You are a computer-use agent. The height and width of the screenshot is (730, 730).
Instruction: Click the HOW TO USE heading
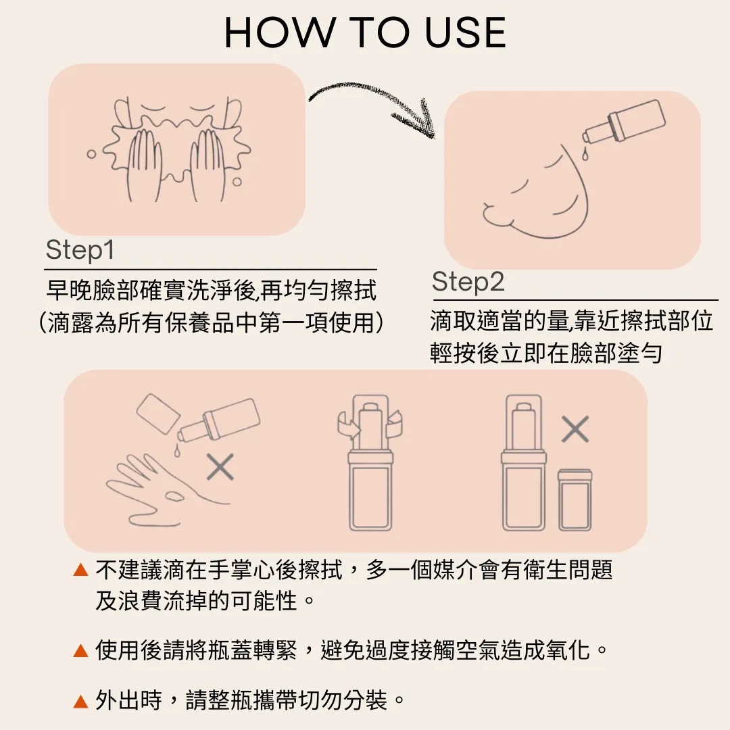click(x=365, y=32)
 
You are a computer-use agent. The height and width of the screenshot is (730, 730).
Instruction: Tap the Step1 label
click(x=80, y=250)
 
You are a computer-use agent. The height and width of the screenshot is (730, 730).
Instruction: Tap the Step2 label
click(x=468, y=282)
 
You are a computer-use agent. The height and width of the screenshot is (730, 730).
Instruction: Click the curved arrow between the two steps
click(x=372, y=100)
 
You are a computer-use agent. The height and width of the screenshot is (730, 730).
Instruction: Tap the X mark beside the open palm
click(x=220, y=466)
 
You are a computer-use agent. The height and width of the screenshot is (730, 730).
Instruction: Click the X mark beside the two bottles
click(x=575, y=429)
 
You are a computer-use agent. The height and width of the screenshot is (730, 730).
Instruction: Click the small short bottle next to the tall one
click(x=575, y=500)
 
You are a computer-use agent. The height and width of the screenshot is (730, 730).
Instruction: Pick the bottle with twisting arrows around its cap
click(x=370, y=463)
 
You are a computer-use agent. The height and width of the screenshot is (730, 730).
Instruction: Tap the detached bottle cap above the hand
click(x=158, y=414)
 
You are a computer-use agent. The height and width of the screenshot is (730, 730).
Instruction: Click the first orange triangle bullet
click(x=81, y=569)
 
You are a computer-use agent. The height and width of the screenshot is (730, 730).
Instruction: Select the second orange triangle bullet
click(x=81, y=650)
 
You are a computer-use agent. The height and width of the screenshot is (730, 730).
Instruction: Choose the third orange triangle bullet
click(x=81, y=701)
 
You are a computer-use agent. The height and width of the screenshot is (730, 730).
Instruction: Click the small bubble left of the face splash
click(x=91, y=153)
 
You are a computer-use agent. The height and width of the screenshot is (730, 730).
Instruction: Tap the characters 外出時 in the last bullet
click(x=128, y=700)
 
